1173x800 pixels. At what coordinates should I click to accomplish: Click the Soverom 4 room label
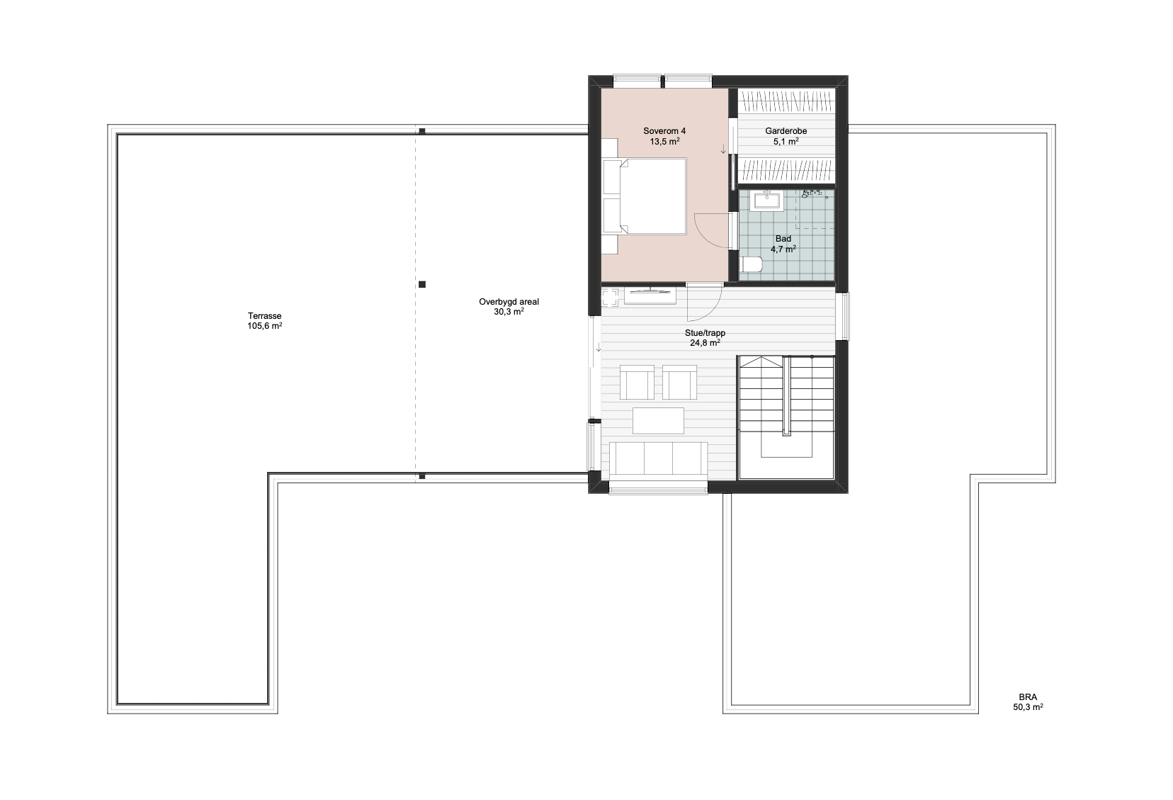tap(664, 136)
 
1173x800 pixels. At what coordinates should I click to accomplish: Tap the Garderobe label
tap(786, 136)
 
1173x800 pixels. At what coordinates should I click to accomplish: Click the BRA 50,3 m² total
tap(1027, 702)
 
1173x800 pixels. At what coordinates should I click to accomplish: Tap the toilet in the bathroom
tap(750, 264)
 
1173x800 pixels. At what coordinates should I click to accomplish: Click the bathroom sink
tap(768, 201)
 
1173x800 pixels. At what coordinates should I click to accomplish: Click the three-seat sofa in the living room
tap(658, 458)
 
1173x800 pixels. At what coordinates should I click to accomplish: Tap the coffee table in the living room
tap(658, 421)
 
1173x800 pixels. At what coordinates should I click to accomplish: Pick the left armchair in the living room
tap(637, 383)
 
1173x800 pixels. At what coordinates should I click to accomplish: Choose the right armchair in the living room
tap(680, 383)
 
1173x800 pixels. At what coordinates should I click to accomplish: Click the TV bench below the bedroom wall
tap(650, 296)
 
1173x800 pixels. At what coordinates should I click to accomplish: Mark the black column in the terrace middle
tap(422, 284)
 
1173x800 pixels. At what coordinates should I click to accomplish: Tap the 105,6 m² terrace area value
tap(264, 326)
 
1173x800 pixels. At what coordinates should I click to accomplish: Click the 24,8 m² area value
tap(705, 343)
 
